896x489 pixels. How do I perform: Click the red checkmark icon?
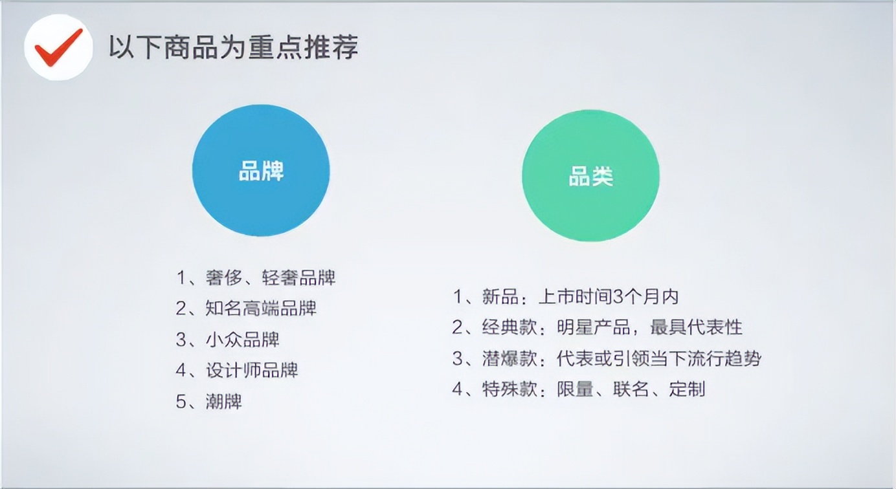coord(59,47)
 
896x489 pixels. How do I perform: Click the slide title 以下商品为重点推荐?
coord(234,48)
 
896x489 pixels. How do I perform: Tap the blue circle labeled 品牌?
coord(261,170)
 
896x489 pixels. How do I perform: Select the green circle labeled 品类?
coord(591,176)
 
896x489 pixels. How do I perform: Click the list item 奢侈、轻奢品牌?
coord(271,277)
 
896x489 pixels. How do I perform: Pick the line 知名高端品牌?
coord(261,309)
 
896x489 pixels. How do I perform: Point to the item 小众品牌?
coord(242,340)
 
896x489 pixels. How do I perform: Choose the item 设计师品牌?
coord(252,371)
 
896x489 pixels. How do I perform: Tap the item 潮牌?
coord(223,401)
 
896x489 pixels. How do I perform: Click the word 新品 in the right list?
coord(500,297)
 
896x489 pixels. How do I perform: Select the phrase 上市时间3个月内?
coord(609,297)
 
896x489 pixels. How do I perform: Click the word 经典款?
coord(510,327)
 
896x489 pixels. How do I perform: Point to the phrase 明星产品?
coord(594,327)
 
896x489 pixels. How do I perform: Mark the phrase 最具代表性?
coord(697,327)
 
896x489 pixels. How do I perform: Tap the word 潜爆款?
coord(510,358)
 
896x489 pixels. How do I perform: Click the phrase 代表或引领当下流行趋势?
coord(659,358)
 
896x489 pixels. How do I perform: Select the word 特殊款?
coord(510,389)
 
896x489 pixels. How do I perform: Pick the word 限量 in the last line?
coord(575,389)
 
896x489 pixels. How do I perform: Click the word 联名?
coord(631,389)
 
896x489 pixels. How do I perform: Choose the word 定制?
coord(687,389)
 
